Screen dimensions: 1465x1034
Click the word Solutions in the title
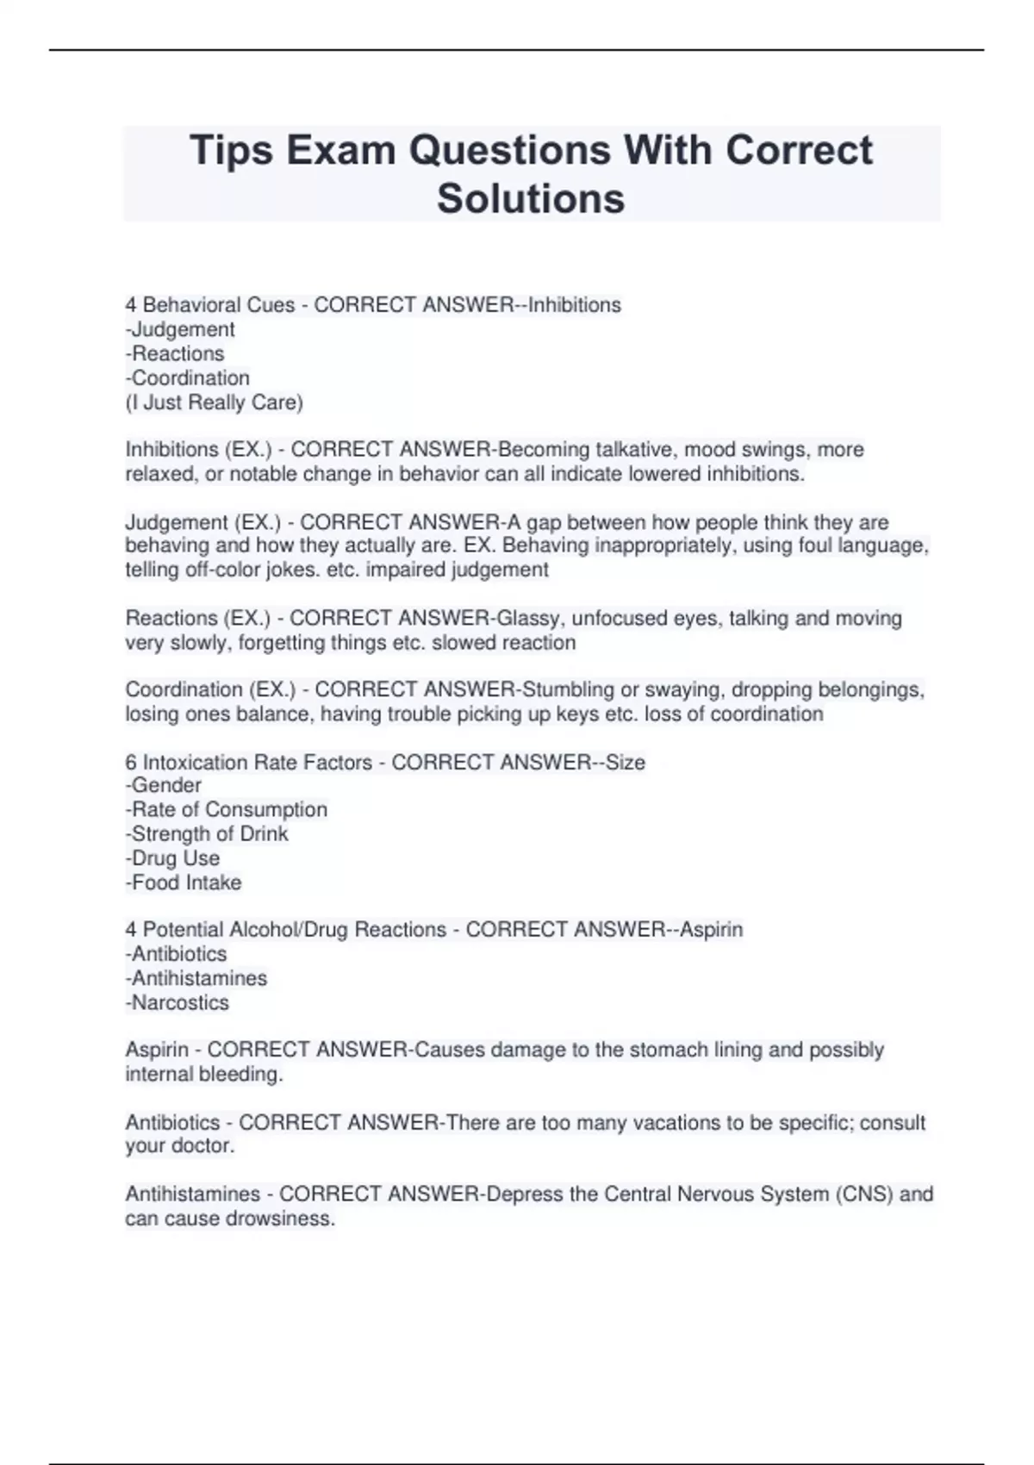531,198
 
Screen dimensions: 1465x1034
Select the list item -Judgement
180,329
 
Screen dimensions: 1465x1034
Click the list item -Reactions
175,353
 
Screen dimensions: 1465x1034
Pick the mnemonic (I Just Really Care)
215,402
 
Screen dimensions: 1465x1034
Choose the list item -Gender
164,785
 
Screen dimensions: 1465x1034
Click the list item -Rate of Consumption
227,809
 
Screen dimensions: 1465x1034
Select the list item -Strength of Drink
207,833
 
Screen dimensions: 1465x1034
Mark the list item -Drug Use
172,858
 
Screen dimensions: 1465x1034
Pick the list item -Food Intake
184,882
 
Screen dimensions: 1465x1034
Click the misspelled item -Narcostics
178,1002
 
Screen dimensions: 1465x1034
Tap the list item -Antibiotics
177,954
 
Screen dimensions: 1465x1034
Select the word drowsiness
280,1219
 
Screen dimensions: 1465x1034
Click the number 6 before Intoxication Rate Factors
131,762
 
